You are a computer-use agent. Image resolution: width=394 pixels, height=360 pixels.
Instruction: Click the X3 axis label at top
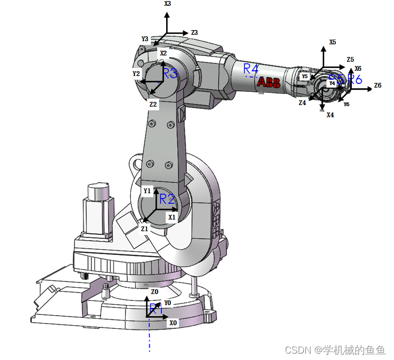click(x=167, y=4)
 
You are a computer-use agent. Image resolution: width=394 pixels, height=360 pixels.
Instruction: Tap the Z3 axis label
click(x=194, y=33)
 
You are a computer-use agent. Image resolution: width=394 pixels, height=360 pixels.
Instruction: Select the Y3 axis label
click(x=145, y=39)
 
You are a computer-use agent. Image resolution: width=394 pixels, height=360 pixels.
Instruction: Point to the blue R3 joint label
click(x=170, y=73)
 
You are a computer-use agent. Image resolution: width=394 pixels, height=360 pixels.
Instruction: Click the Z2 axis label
click(x=153, y=105)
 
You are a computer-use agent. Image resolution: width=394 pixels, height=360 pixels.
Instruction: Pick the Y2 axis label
click(x=136, y=74)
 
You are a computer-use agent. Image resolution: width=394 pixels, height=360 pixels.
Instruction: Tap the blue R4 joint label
click(x=251, y=69)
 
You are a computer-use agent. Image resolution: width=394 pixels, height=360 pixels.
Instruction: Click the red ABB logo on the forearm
click(x=269, y=82)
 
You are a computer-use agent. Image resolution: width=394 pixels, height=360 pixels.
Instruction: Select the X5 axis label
click(x=332, y=42)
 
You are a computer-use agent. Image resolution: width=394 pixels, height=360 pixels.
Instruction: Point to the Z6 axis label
click(x=378, y=86)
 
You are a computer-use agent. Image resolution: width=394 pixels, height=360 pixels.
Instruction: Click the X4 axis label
click(x=330, y=115)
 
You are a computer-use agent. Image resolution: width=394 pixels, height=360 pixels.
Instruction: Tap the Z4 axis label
click(x=302, y=103)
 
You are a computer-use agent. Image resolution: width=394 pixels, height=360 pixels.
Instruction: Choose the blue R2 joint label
click(x=167, y=199)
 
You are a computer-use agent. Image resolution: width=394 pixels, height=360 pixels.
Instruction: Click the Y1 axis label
click(x=147, y=191)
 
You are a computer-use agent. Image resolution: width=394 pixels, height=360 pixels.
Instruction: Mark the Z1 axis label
click(x=145, y=229)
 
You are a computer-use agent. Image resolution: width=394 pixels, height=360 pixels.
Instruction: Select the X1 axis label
click(x=171, y=217)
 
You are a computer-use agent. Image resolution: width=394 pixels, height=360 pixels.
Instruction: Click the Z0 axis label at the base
click(x=155, y=292)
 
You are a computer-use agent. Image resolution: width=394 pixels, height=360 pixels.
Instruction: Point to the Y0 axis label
click(x=167, y=303)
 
